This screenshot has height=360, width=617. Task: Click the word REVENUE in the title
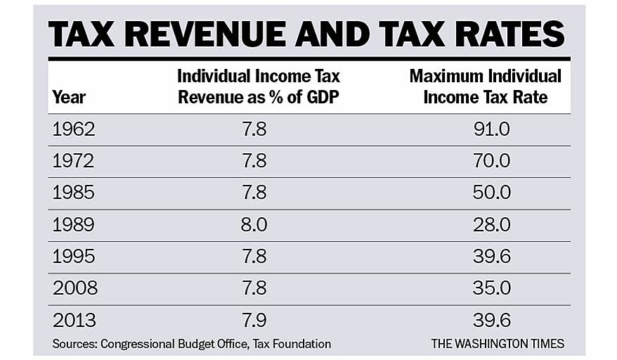[x=207, y=34]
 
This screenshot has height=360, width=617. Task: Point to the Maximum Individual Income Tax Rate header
[x=485, y=87]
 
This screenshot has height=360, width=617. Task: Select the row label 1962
[x=74, y=130]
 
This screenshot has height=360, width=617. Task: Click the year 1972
[x=74, y=162]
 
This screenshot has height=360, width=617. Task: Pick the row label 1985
[x=74, y=193]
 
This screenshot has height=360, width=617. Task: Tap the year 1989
[x=74, y=225]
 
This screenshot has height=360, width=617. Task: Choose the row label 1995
[x=74, y=257]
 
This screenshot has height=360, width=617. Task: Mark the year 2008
[x=74, y=288]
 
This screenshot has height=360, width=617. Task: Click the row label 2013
[x=74, y=320]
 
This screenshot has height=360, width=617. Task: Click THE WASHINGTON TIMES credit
[x=498, y=344]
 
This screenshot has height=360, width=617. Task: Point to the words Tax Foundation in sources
[x=287, y=344]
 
